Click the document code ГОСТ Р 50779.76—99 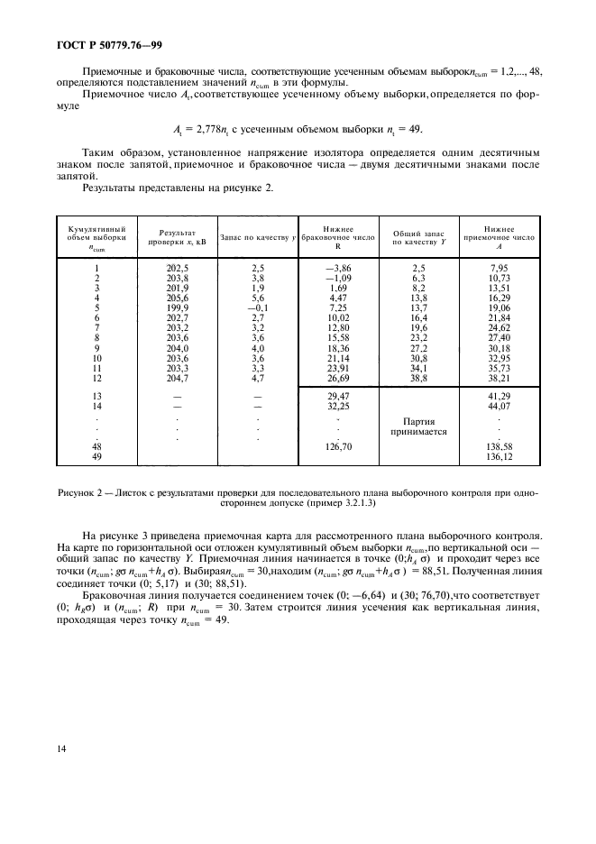(101, 41)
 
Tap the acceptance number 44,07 (498, 406)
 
